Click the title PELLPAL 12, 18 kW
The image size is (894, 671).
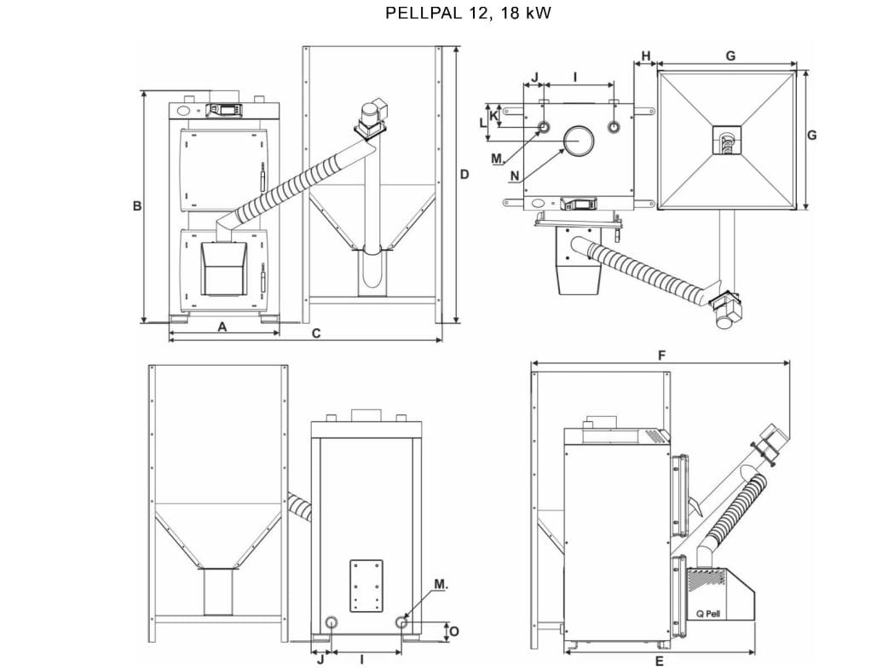[468, 13]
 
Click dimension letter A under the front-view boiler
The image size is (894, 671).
[222, 327]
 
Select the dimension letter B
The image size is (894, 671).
[137, 205]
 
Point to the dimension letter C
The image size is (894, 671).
[316, 333]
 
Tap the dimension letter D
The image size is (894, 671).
[464, 174]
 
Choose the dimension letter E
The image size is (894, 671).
[659, 662]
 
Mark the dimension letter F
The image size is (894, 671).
[661, 356]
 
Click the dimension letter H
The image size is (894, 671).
[646, 56]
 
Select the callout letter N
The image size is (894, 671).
[514, 176]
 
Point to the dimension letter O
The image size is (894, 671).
[454, 631]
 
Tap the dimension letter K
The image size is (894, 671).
[493, 116]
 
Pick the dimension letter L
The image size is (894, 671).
[483, 122]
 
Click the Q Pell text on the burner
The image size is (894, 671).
[708, 614]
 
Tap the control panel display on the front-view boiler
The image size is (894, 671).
[225, 109]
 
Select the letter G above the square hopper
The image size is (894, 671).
[730, 56]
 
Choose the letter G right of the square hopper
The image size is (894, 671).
[812, 136]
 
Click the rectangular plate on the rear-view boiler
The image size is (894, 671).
[366, 586]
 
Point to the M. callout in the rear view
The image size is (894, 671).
[441, 584]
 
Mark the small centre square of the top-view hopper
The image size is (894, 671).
[727, 140]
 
